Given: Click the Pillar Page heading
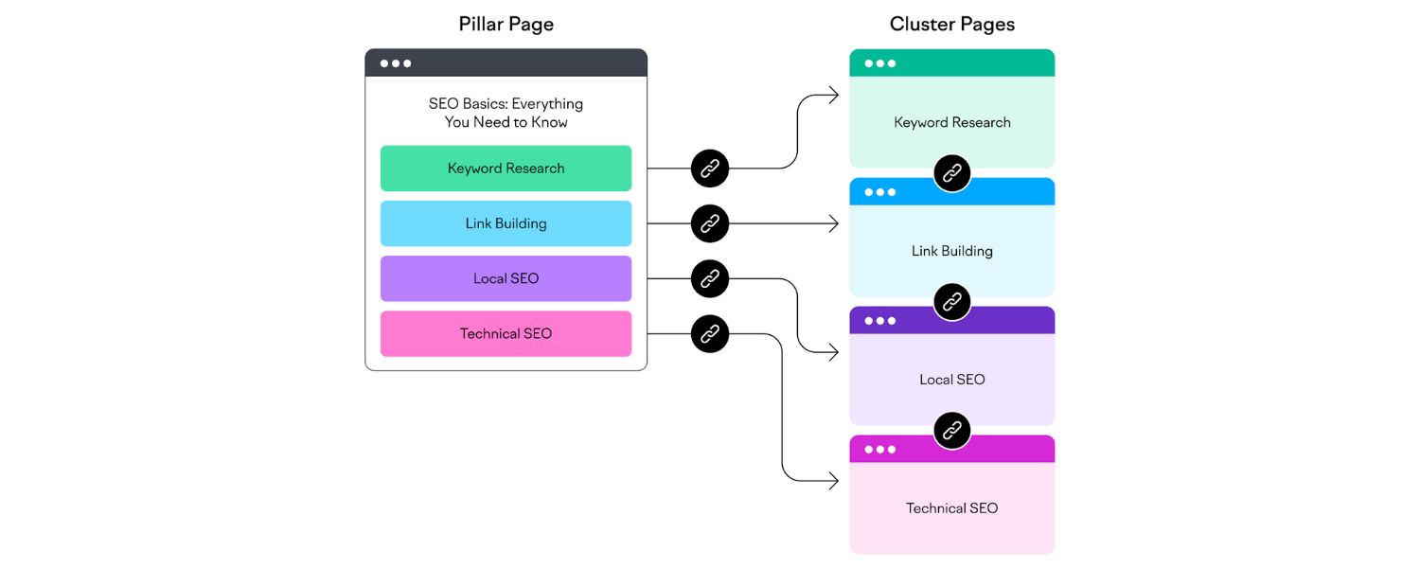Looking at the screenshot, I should (x=506, y=24).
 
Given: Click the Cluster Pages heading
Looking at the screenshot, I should (x=951, y=24).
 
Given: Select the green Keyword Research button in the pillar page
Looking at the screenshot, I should (x=506, y=169).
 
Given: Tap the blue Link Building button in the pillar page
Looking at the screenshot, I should (x=506, y=223).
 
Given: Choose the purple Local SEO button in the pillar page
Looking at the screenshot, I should (x=506, y=278).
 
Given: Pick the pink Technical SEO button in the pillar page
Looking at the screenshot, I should (x=506, y=333).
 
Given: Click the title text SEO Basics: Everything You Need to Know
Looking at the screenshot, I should (x=506, y=113).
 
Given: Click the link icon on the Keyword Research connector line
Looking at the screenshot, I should (x=710, y=169).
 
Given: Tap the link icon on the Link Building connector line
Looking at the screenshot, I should (x=710, y=223).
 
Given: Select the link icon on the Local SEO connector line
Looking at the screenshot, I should (x=710, y=278).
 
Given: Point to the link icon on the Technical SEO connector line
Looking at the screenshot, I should (x=710, y=333).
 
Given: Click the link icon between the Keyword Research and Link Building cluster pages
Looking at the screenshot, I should (x=952, y=173).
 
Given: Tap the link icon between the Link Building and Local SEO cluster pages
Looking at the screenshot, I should (x=952, y=302).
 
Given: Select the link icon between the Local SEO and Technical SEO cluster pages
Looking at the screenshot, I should (x=952, y=431).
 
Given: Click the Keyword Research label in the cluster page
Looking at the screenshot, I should (x=952, y=122).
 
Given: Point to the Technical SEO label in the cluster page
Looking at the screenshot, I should (x=952, y=508).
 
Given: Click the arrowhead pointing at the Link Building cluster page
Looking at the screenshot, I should (x=834, y=223).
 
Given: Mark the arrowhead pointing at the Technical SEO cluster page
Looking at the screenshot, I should (x=834, y=481).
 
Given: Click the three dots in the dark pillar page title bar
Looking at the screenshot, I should (x=396, y=63).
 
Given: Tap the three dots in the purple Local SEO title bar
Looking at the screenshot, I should (x=880, y=321).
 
